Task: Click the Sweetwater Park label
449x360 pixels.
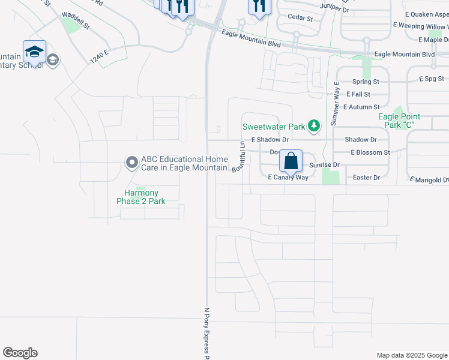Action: click(x=274, y=127)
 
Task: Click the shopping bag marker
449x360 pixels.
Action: click(x=291, y=161)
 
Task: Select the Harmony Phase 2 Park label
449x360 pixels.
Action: click(x=141, y=197)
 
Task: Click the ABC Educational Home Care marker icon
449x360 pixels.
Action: click(x=131, y=162)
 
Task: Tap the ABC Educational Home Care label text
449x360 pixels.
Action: click(x=184, y=164)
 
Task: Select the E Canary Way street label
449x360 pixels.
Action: click(x=288, y=178)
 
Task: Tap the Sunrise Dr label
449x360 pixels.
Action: click(x=325, y=164)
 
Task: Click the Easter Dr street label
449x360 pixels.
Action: click(x=366, y=178)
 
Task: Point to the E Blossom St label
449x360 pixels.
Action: click(x=370, y=152)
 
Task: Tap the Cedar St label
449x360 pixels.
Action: click(x=301, y=19)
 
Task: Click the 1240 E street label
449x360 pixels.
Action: click(x=99, y=56)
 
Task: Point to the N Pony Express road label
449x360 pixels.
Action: click(x=206, y=334)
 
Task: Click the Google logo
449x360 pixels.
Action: click(x=20, y=353)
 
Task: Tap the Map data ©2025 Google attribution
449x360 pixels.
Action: click(x=412, y=355)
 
